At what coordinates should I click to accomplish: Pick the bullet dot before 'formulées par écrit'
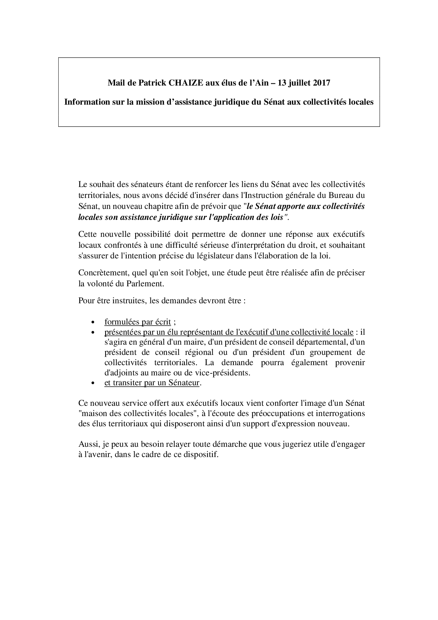(x=93, y=323)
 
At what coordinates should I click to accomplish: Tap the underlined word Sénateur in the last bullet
(x=184, y=383)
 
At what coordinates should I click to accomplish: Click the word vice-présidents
(x=225, y=373)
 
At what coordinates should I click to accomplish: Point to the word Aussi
(x=88, y=444)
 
